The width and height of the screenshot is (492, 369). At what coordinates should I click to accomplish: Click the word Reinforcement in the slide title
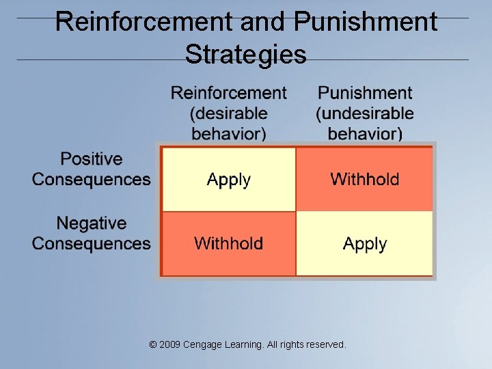[x=143, y=22]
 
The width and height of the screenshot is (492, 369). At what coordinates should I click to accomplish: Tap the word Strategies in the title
[x=246, y=54]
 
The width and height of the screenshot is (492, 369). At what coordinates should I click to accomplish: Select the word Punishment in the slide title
[x=366, y=22]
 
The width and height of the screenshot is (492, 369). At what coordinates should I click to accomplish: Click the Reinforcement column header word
[x=229, y=93]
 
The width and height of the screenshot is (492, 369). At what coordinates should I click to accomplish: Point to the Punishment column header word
[x=365, y=93]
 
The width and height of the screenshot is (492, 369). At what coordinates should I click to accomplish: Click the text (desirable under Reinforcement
[x=229, y=113]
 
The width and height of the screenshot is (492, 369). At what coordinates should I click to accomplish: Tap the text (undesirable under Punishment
[x=365, y=113]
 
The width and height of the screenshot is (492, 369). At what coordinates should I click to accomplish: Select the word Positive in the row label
[x=92, y=159]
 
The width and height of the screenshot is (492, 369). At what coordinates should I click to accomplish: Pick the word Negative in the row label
[x=92, y=223]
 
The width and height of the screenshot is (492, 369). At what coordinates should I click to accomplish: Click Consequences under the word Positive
[x=92, y=180]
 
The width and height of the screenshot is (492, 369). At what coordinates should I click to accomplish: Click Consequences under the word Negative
[x=92, y=243]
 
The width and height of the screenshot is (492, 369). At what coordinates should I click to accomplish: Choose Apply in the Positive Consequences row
[x=229, y=180]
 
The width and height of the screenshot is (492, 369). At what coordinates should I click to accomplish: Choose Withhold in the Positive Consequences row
[x=365, y=180]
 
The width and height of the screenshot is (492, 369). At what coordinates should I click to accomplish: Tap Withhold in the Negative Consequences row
[x=229, y=243]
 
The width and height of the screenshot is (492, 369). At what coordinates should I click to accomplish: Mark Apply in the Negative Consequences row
[x=365, y=244]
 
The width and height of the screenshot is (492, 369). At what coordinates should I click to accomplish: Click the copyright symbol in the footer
[x=152, y=345]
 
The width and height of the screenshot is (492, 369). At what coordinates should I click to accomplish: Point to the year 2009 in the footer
[x=169, y=345]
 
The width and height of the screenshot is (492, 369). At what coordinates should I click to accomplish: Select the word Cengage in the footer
[x=202, y=345]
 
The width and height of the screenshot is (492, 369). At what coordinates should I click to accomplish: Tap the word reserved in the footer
[x=327, y=345]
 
